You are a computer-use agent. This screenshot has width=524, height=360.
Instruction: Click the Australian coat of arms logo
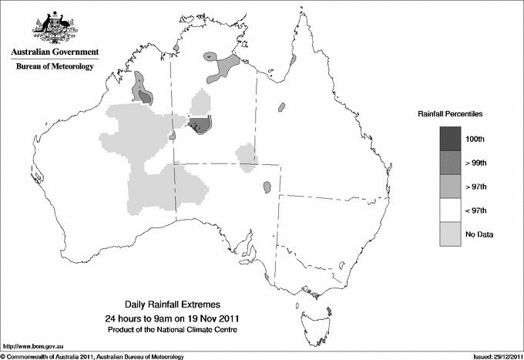click(54, 29)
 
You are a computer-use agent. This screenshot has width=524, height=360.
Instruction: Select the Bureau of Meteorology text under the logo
click(54, 67)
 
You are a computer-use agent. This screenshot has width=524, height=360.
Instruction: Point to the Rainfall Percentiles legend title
click(450, 113)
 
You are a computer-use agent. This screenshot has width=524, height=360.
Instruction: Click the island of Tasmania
click(310, 313)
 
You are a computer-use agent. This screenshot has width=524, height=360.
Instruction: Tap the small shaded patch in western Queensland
click(282, 106)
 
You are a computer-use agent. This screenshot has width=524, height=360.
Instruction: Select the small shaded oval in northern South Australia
click(267, 187)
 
